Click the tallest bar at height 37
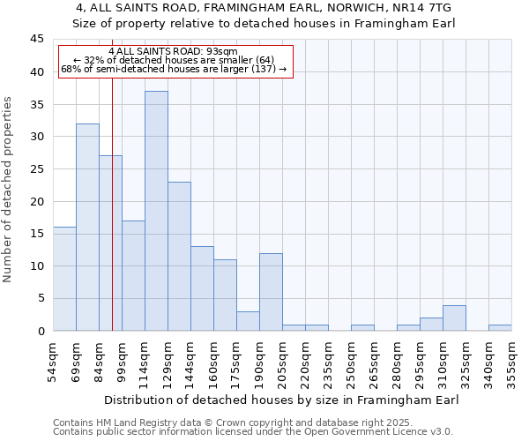point(156,211)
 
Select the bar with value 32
point(87,227)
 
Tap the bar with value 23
point(179,256)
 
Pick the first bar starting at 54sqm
point(64,279)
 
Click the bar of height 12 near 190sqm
point(271,292)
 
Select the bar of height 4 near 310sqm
point(454,318)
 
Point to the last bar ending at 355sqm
point(500,327)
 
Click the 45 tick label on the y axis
point(36,40)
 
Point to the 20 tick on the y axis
point(36,201)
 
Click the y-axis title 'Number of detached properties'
point(9,189)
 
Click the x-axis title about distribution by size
point(281,400)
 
